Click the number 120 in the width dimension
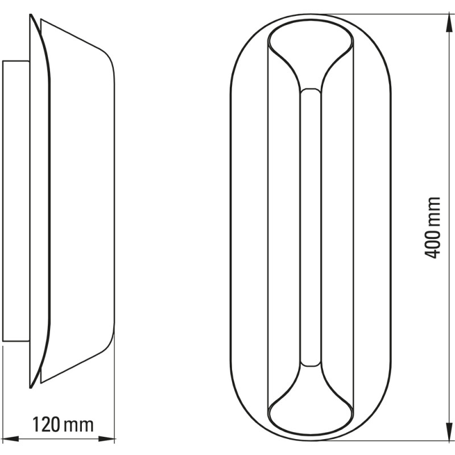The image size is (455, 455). pyautogui.click(x=45, y=424)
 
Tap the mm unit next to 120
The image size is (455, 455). pyautogui.click(x=78, y=424)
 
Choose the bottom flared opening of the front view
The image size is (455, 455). pyautogui.click(x=311, y=411)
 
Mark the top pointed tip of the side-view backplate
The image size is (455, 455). pyautogui.click(x=31, y=16)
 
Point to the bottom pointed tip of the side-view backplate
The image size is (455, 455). pyautogui.click(x=31, y=387)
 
